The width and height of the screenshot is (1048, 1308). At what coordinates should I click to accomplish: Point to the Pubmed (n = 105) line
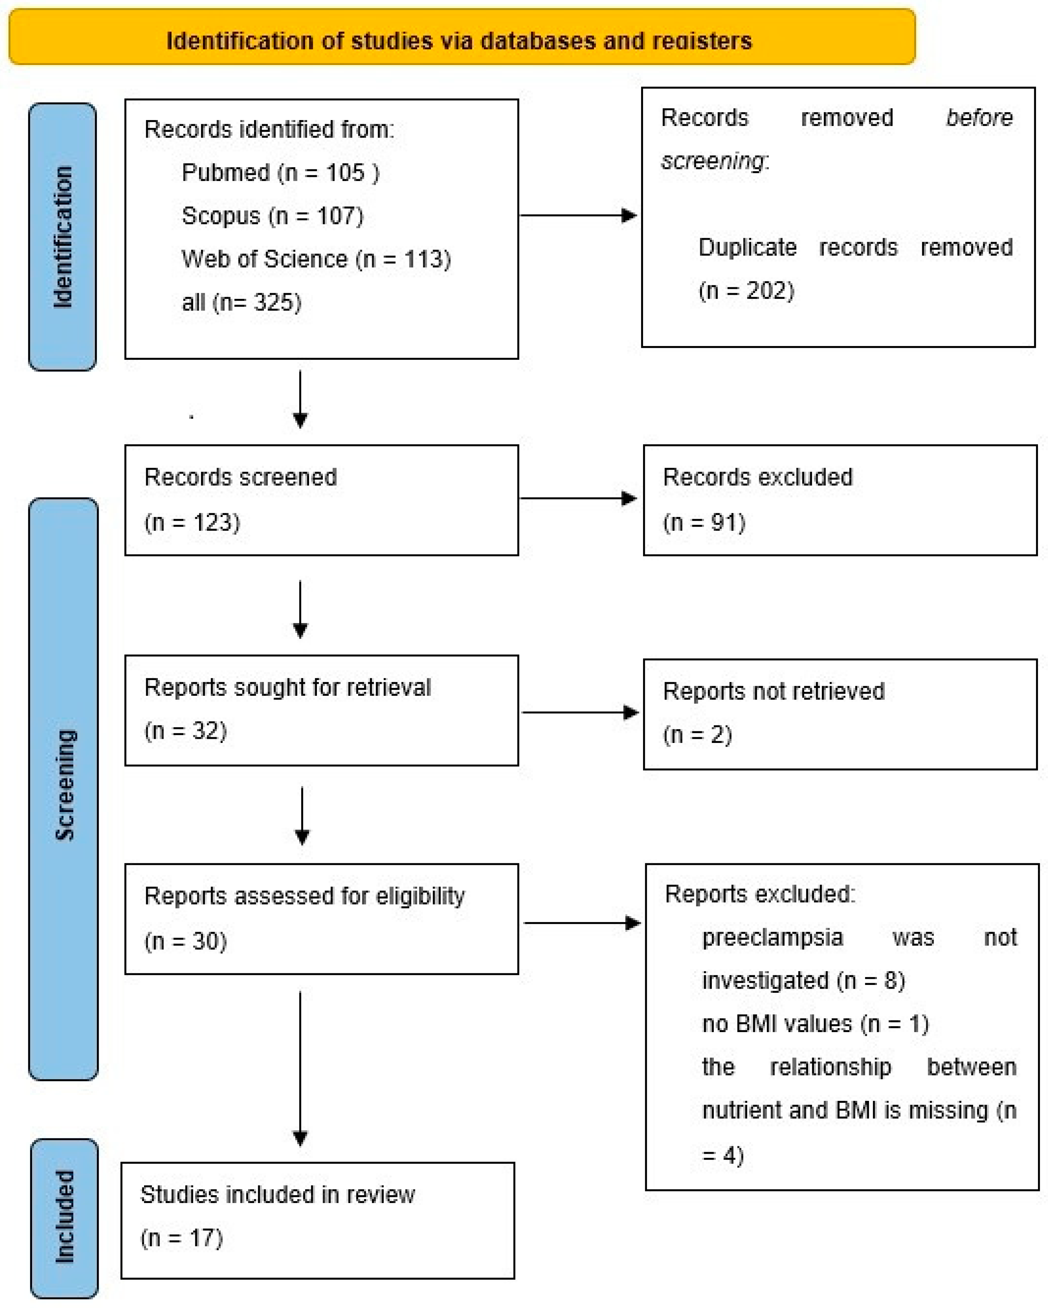pyautogui.click(x=280, y=173)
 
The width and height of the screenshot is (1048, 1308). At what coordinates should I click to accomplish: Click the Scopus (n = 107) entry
pyautogui.click(x=273, y=216)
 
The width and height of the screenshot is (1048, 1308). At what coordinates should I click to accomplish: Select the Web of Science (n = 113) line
pyautogui.click(x=316, y=259)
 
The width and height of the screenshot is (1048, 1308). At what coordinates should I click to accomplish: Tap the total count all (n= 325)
pyautogui.click(x=241, y=302)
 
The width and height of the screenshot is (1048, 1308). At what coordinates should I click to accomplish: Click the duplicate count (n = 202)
pyautogui.click(x=746, y=291)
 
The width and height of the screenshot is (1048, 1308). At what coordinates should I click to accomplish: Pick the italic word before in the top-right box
pyautogui.click(x=979, y=118)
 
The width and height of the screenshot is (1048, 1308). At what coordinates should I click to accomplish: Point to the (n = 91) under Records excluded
pyautogui.click(x=704, y=522)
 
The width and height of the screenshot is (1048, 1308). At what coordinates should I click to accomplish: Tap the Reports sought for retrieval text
pyautogui.click(x=287, y=687)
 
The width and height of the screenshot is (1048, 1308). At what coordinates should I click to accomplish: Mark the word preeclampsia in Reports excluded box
pyautogui.click(x=772, y=937)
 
